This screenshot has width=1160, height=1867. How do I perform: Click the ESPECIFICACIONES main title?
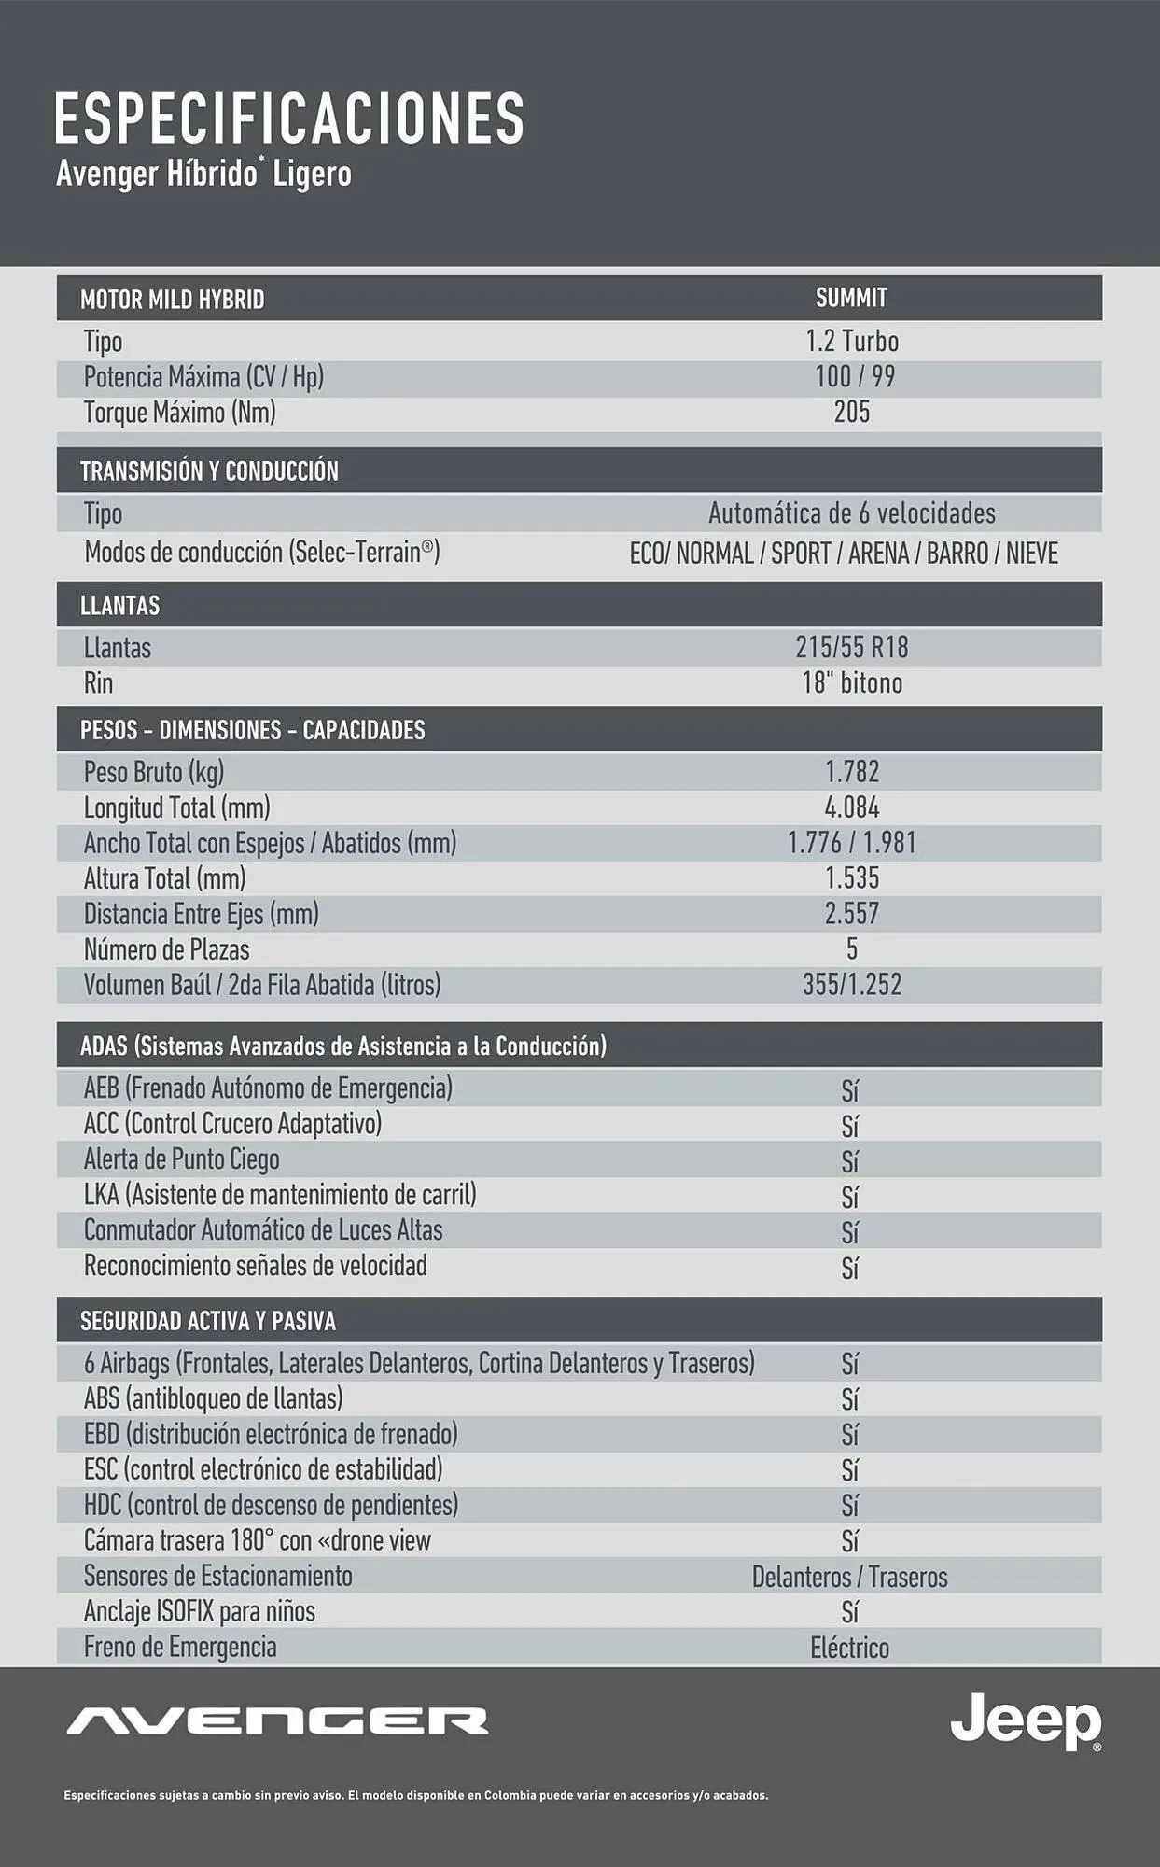[x=289, y=119]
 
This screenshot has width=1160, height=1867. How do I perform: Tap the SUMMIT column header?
[x=851, y=298]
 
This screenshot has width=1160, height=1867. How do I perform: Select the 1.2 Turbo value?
[x=852, y=342]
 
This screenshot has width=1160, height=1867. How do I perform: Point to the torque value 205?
[x=852, y=412]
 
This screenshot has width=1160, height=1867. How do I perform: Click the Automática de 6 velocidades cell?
[x=851, y=513]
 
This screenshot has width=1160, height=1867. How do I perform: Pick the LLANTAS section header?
[x=120, y=606]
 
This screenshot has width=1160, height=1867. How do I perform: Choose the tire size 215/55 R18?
[x=851, y=647]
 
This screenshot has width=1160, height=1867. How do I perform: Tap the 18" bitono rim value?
[x=852, y=683]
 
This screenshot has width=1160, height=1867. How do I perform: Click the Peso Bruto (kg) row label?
[x=154, y=772]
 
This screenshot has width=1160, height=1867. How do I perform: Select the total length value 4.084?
[x=852, y=807]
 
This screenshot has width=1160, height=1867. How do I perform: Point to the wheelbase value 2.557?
[x=852, y=914]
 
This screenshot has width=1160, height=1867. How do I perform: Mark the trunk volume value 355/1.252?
[x=852, y=985]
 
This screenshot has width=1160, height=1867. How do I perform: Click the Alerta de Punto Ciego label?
[x=182, y=1159]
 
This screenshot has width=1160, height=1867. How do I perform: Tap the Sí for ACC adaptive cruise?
[x=849, y=1126]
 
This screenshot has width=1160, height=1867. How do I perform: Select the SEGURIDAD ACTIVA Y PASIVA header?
[x=208, y=1321]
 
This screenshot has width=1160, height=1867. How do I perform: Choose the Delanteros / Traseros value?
[x=849, y=1578]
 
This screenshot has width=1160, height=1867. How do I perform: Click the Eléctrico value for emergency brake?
[x=849, y=1649]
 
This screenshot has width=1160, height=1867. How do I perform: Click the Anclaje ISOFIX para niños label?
[x=200, y=1612]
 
